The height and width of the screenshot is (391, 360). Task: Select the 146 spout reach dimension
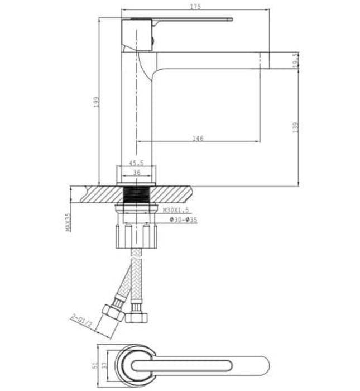click(198, 137)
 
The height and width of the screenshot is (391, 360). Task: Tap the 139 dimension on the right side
click(295, 127)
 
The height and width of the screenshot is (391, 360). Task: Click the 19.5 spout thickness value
click(295, 60)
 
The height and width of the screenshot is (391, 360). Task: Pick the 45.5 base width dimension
click(137, 163)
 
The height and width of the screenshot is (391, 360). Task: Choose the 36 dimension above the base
click(136, 173)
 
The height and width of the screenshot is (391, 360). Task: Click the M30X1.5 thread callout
click(176, 210)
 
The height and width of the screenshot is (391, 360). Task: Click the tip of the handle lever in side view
click(229, 20)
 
